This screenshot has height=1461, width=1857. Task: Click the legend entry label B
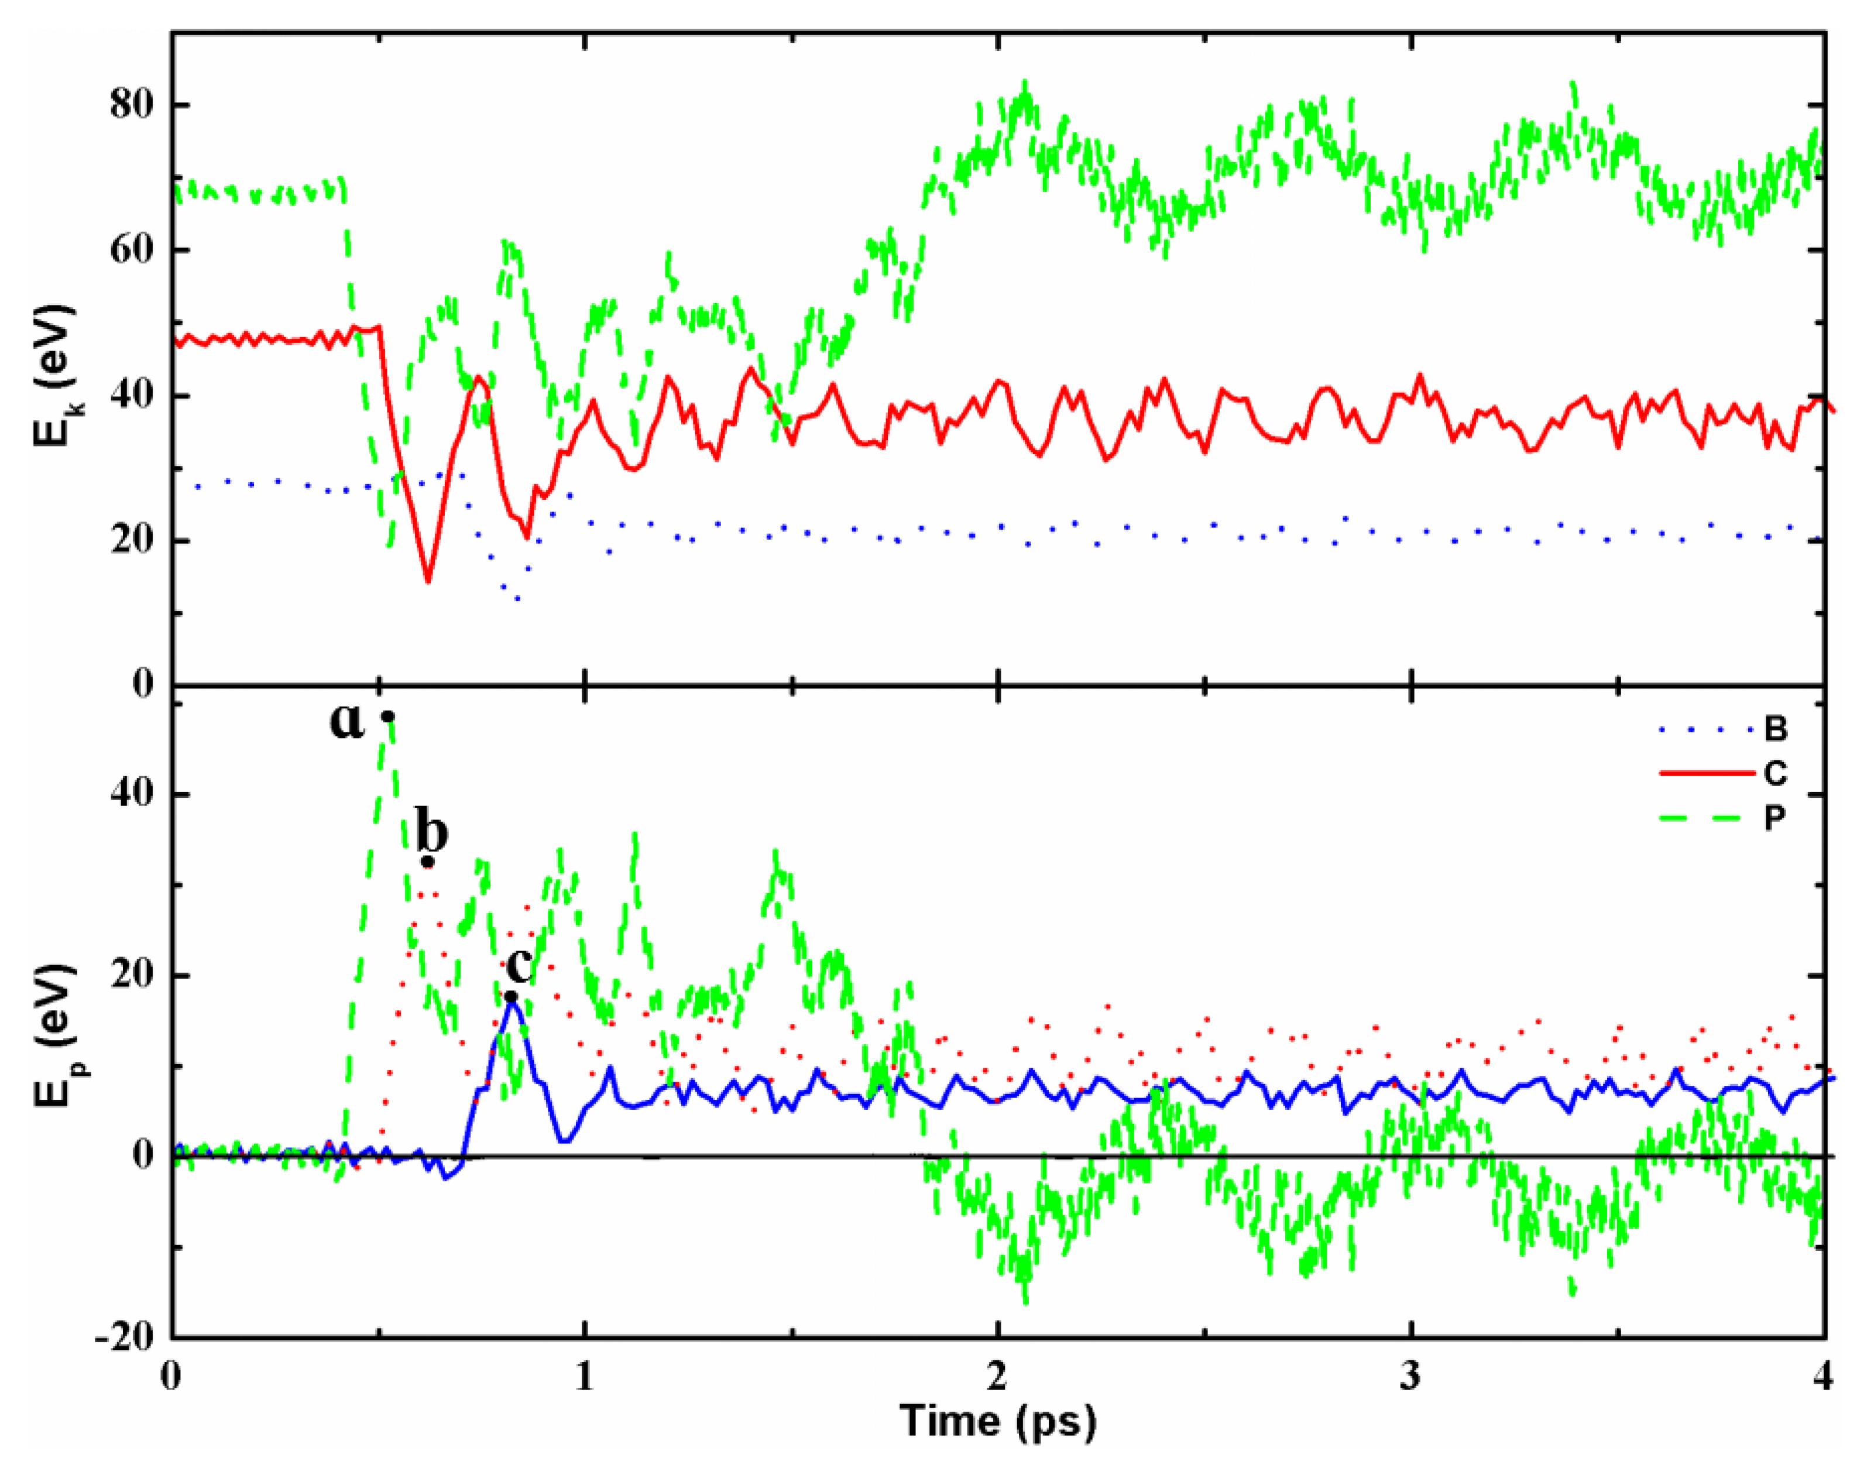tap(1776, 730)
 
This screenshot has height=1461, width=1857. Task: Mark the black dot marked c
tap(511, 996)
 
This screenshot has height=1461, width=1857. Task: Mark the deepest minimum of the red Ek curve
tap(428, 582)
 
